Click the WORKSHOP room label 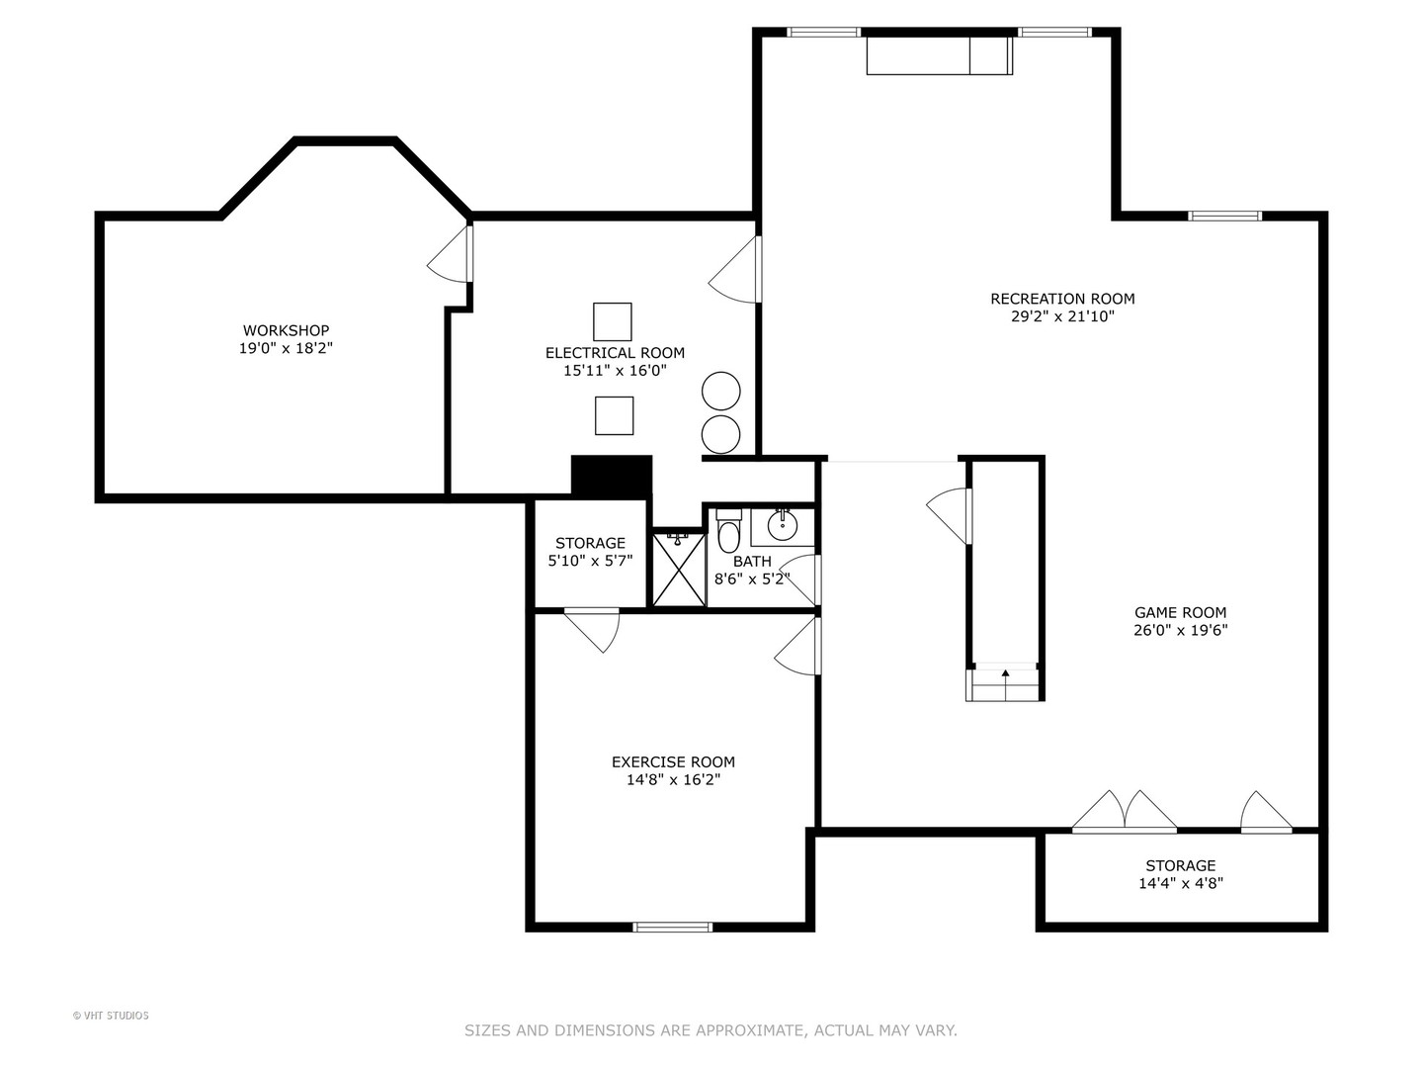(286, 330)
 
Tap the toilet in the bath (728, 534)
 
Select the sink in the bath (782, 525)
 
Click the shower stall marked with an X (679, 570)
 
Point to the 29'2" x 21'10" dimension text (1062, 316)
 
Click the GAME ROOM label (1180, 612)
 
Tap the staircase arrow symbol (1005, 674)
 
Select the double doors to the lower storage (1125, 812)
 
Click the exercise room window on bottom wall (672, 927)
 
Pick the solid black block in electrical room (612, 475)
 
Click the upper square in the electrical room (612, 321)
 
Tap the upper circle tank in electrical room (721, 391)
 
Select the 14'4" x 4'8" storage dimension (1180, 883)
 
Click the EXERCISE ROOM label (673, 761)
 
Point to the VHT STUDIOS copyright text (111, 1016)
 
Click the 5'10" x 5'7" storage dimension (590, 561)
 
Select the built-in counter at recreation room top (939, 55)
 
